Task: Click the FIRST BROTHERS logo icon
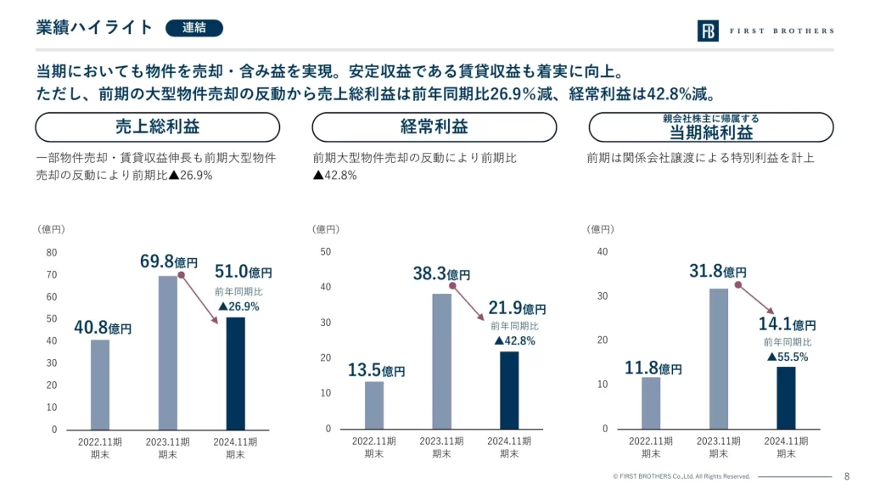tap(708, 31)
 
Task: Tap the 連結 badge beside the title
tap(193, 28)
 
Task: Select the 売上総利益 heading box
tap(157, 127)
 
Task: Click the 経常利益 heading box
tap(434, 127)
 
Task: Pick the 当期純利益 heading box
tap(711, 127)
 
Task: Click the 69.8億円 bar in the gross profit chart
tap(168, 352)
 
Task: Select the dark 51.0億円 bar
tap(235, 374)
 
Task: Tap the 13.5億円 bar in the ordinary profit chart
tap(374, 405)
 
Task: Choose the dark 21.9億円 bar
tap(508, 390)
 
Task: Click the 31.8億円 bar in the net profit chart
tap(719, 358)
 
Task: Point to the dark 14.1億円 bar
tap(786, 397)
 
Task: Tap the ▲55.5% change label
tap(788, 357)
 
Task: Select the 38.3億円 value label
tap(441, 273)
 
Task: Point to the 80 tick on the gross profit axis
tap(52, 253)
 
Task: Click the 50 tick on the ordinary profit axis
tap(326, 251)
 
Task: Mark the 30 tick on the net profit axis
tap(603, 296)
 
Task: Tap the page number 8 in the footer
tap(847, 476)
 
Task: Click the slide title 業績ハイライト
tap(94, 28)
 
